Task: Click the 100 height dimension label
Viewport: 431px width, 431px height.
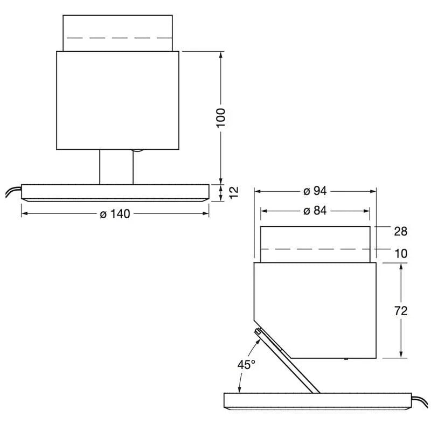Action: pyautogui.click(x=221, y=117)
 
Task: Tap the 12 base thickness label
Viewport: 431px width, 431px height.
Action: pyautogui.click(x=234, y=192)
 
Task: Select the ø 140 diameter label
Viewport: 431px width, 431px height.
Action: pyautogui.click(x=115, y=214)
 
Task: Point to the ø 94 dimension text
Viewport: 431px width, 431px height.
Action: pyautogui.click(x=315, y=191)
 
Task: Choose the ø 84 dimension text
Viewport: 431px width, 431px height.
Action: pyautogui.click(x=315, y=211)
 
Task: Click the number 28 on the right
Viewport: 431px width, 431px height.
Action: pyautogui.click(x=400, y=232)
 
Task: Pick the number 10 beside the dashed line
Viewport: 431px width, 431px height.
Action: pyautogui.click(x=400, y=253)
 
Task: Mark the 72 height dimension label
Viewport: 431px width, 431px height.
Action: pyautogui.click(x=400, y=311)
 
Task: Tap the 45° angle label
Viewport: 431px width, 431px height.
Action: pyautogui.click(x=246, y=365)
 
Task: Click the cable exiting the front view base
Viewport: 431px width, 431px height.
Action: pyautogui.click(x=13, y=192)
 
